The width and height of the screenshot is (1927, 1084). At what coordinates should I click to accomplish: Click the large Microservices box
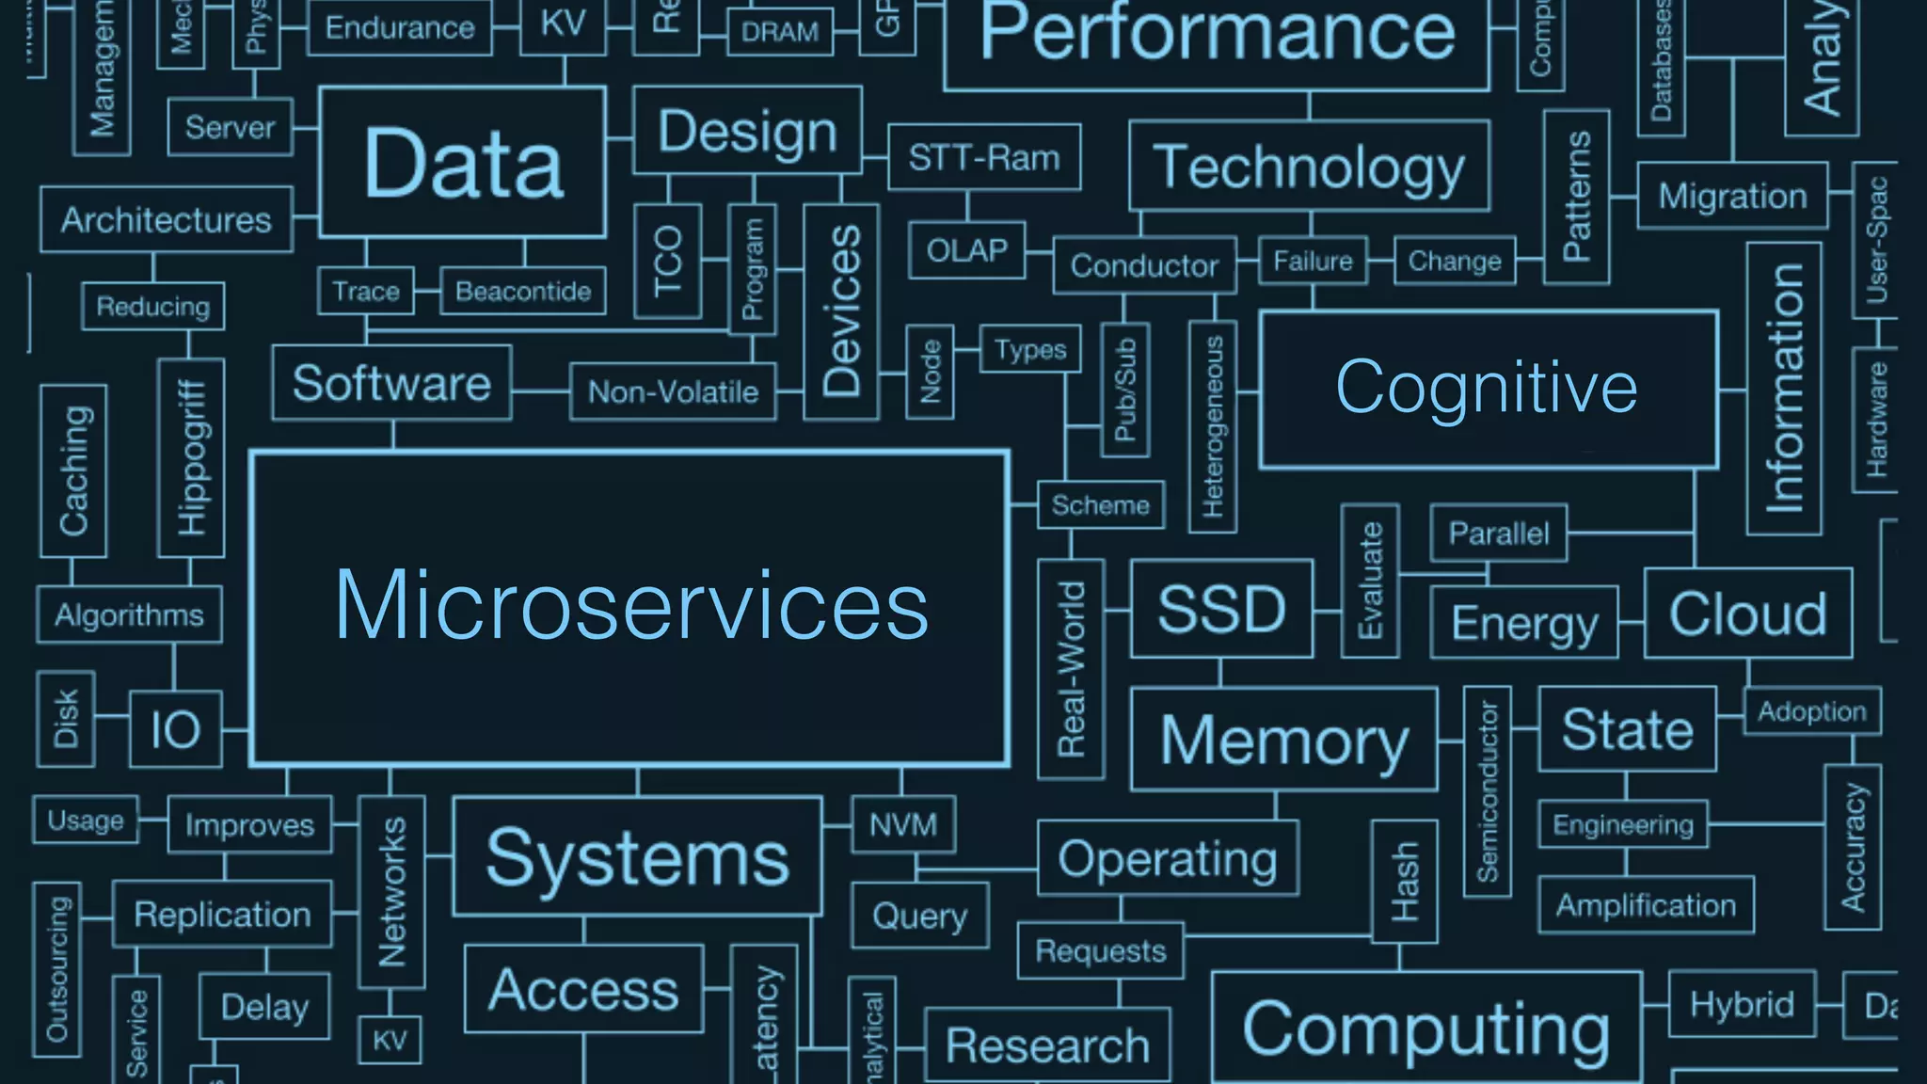(630, 608)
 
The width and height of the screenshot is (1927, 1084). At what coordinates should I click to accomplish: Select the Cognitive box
(1488, 389)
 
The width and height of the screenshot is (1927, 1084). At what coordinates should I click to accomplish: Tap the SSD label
(1221, 609)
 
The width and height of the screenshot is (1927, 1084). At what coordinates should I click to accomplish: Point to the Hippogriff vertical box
(191, 457)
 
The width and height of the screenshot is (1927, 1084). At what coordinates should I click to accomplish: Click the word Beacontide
(523, 292)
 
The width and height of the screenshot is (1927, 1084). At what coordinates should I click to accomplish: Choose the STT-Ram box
(984, 157)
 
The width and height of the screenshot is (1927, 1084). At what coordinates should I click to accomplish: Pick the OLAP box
(966, 250)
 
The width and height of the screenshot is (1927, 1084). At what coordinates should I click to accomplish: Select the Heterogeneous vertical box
(1213, 426)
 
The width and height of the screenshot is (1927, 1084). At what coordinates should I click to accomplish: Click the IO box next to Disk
(176, 729)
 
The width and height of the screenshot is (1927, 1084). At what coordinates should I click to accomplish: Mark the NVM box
(903, 825)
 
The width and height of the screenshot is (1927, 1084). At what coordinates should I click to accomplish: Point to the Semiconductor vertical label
(1488, 791)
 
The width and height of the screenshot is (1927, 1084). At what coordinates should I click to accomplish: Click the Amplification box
(1646, 905)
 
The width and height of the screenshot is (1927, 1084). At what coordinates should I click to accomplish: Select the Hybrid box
(1742, 1005)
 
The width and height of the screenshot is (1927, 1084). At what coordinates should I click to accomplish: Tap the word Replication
(222, 915)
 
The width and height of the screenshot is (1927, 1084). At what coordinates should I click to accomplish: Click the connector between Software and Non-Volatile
(541, 391)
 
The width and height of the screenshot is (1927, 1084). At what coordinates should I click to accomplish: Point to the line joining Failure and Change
(1380, 261)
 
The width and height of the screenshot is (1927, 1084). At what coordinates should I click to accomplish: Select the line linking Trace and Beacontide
(427, 291)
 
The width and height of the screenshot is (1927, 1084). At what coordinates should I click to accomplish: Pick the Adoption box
(1812, 711)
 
